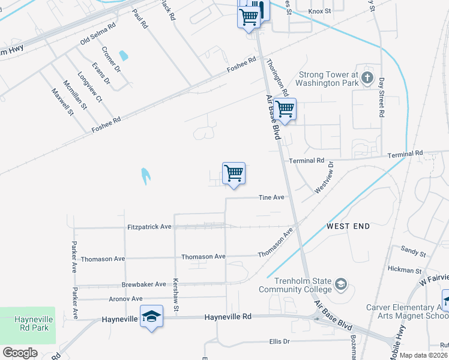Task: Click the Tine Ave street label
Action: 271,197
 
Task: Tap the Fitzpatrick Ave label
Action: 149,227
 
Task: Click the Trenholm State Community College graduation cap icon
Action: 341,283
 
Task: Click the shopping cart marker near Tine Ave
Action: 234,173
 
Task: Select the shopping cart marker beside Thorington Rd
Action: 285,109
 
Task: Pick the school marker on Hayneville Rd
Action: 152,316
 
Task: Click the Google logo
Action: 20,352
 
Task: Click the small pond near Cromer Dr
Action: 124,56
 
